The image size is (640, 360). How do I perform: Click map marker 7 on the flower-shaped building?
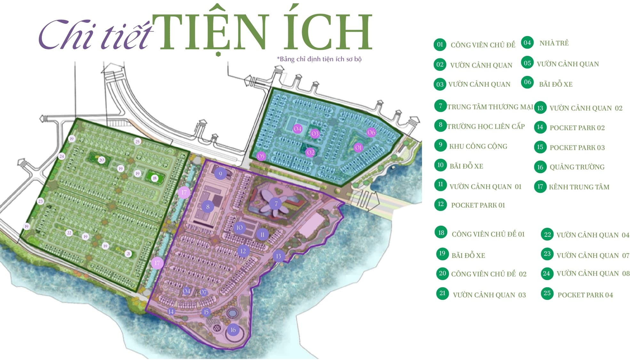coord(276,204)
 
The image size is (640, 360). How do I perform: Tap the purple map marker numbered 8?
coord(208,207)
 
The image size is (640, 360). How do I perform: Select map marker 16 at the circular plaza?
coord(233,330)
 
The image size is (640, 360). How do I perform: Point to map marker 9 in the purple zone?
coord(220,174)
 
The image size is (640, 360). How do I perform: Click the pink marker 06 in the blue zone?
coord(371,132)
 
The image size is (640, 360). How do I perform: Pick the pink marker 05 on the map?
coord(261,156)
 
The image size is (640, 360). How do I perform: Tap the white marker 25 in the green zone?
coord(137,141)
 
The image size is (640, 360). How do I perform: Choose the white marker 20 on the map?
coord(101,160)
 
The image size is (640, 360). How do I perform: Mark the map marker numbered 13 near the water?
coord(278,256)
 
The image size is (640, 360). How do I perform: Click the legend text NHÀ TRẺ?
coord(554,43)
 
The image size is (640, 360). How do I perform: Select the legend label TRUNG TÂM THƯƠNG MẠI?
coord(490,107)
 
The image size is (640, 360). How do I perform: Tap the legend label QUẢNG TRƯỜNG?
coord(577,167)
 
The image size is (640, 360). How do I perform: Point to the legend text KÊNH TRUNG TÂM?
coord(579,187)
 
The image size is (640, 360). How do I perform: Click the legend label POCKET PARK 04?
coord(585,295)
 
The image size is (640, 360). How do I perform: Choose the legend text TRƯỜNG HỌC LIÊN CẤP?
coord(486,126)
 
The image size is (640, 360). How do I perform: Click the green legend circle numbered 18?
coord(441,233)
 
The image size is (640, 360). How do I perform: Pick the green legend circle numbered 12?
coord(441,204)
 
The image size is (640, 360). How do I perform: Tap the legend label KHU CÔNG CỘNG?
coord(478,147)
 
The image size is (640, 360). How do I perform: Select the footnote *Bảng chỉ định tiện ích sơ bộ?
coord(319,59)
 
